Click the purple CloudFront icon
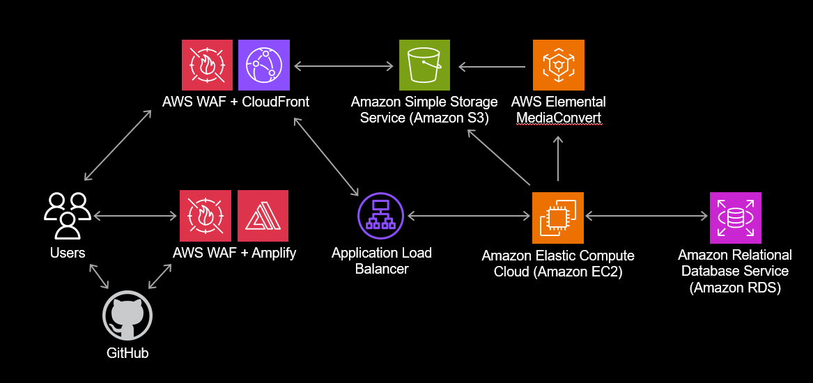264,65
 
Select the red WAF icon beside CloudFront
207,65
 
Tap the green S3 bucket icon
425,65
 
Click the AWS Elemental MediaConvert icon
558,65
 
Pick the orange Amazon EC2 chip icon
557,217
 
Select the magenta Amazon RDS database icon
735,217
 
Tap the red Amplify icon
263,217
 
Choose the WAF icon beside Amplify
206,217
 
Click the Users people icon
67,215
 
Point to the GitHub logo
127,315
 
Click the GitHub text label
127,353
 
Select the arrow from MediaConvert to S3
492,68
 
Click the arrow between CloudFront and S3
344,67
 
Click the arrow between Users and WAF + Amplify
132,217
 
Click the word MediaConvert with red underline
558,118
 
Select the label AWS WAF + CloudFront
235,102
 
